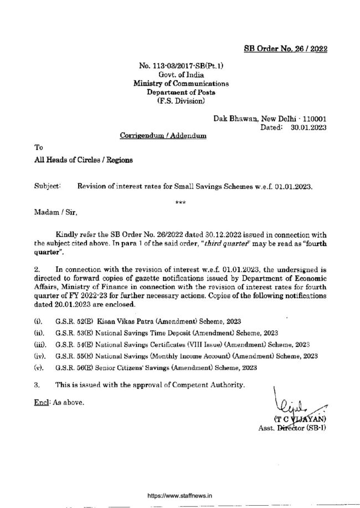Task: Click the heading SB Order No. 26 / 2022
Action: pos(286,49)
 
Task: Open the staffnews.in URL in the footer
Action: pos(180,481)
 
